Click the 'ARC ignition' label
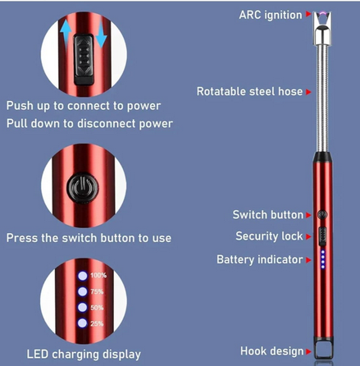tap(270, 15)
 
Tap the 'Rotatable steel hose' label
tap(249, 91)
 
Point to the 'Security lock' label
tap(269, 236)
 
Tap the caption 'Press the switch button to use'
tap(89, 238)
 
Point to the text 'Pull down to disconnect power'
tap(89, 123)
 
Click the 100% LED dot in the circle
tap(82, 274)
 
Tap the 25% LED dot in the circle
tap(82, 323)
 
